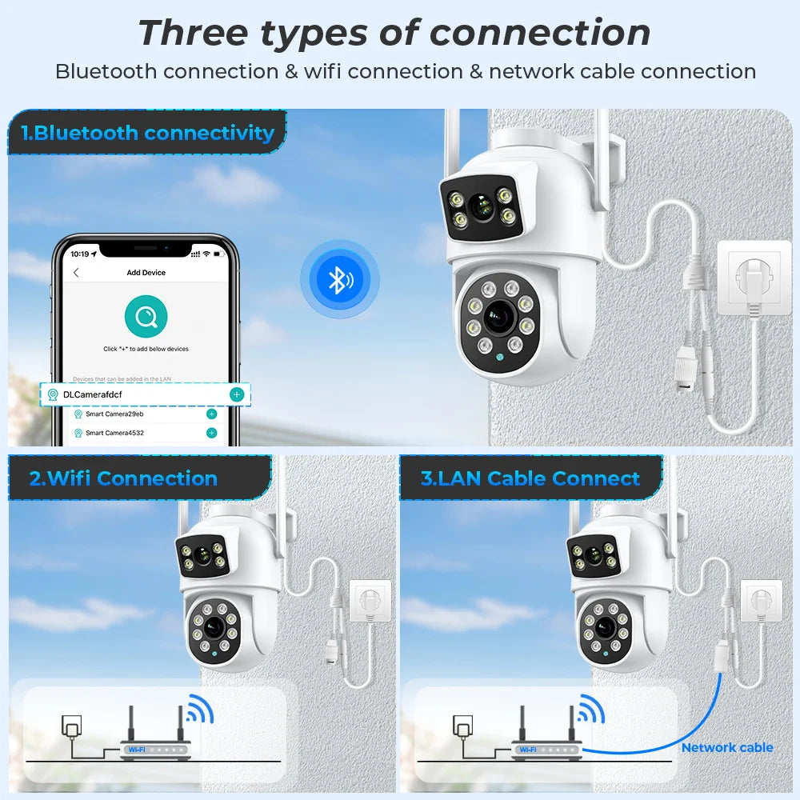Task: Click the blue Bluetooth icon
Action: point(339,279)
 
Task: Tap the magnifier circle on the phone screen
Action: point(146,317)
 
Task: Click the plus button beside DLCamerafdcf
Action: point(236,394)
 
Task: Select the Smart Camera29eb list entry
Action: point(114,414)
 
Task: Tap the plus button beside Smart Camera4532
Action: point(211,433)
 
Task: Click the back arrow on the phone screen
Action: point(76,273)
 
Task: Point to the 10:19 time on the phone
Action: point(80,254)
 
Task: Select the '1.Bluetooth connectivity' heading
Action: point(149,133)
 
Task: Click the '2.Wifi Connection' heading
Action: point(123,478)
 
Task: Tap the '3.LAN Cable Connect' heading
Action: point(530,478)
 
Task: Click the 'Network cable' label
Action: point(727,747)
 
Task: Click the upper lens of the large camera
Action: point(480,206)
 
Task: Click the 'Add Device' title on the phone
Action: point(146,273)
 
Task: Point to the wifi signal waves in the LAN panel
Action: point(590,709)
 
